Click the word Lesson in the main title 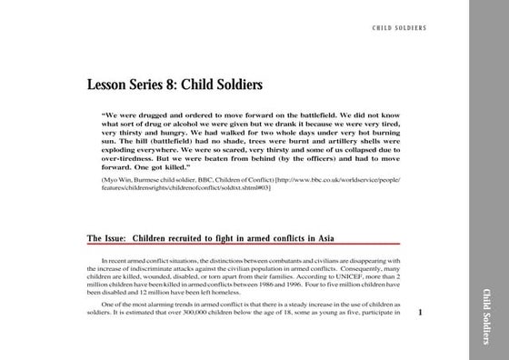click(x=110, y=85)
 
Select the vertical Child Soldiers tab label click(x=487, y=310)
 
